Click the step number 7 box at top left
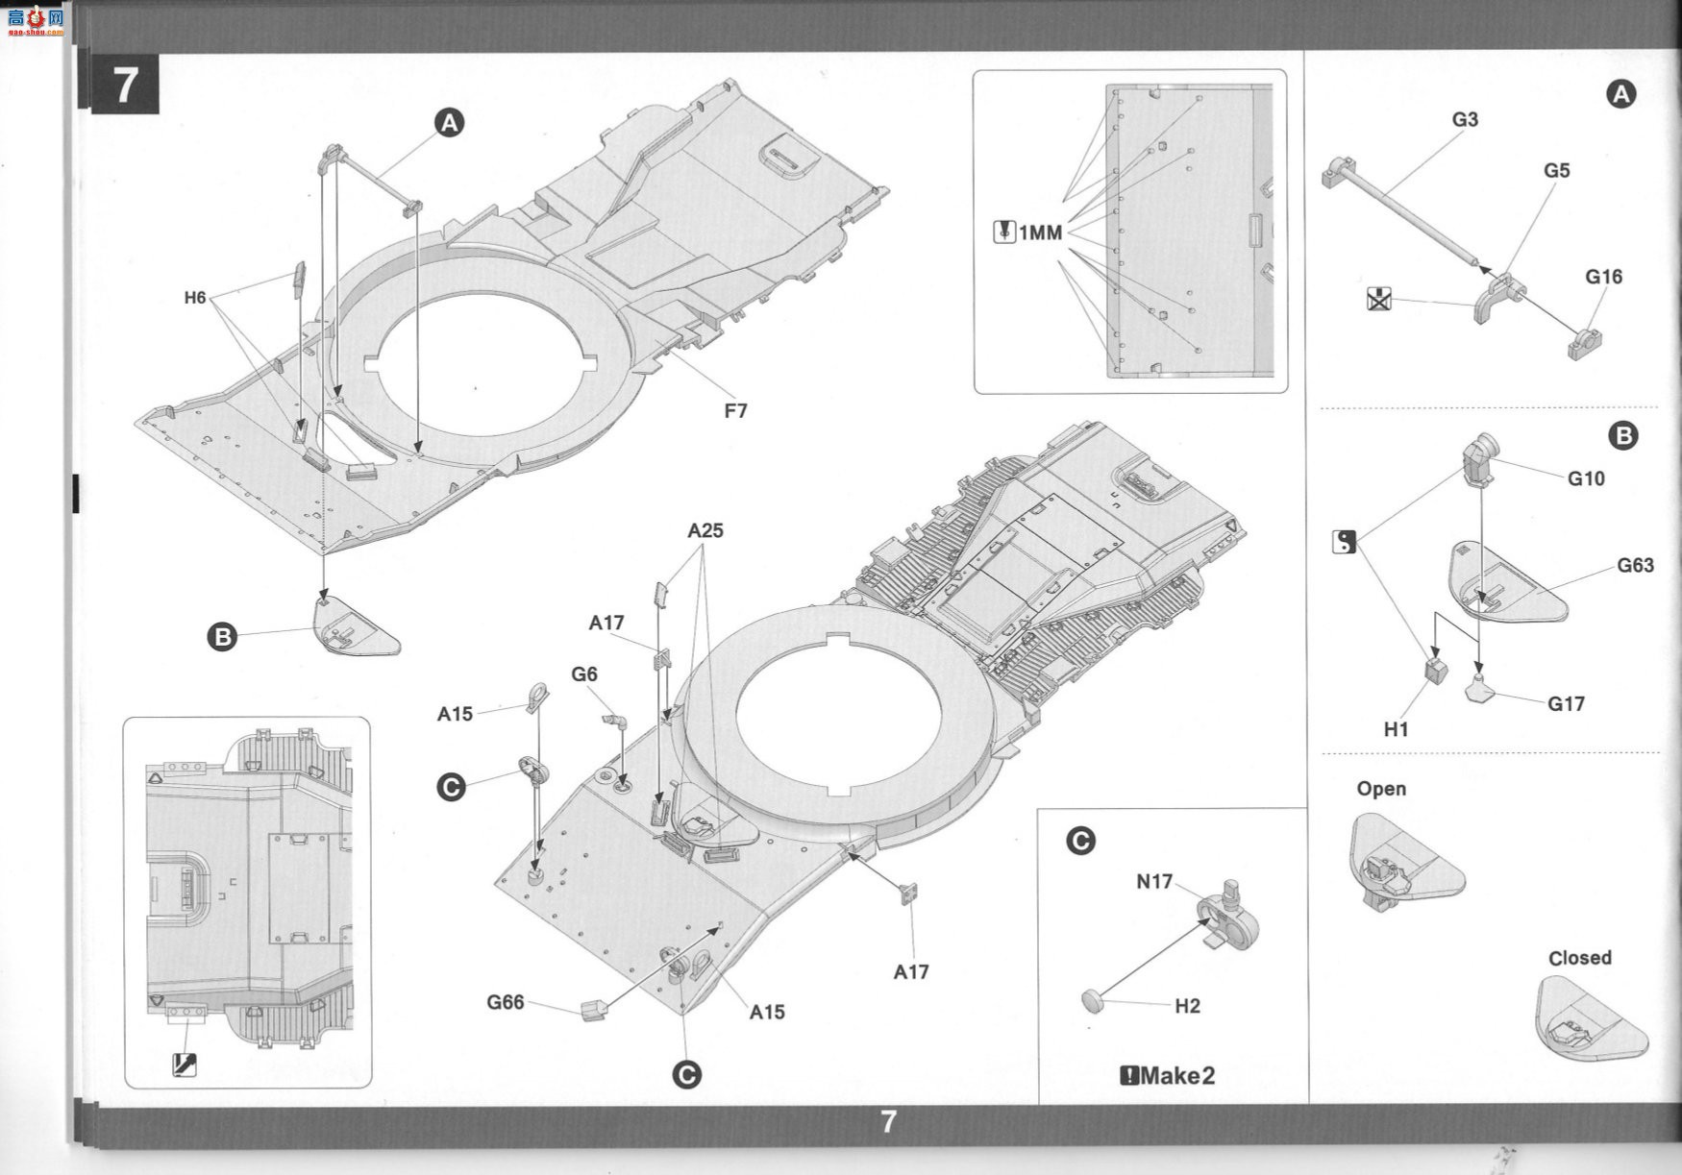coord(126,85)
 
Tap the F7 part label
coord(735,411)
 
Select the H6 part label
coord(195,298)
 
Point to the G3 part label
coord(1465,119)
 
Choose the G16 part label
coord(1603,277)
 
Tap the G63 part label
coord(1635,565)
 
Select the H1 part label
coord(1396,729)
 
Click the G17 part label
coord(1566,703)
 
